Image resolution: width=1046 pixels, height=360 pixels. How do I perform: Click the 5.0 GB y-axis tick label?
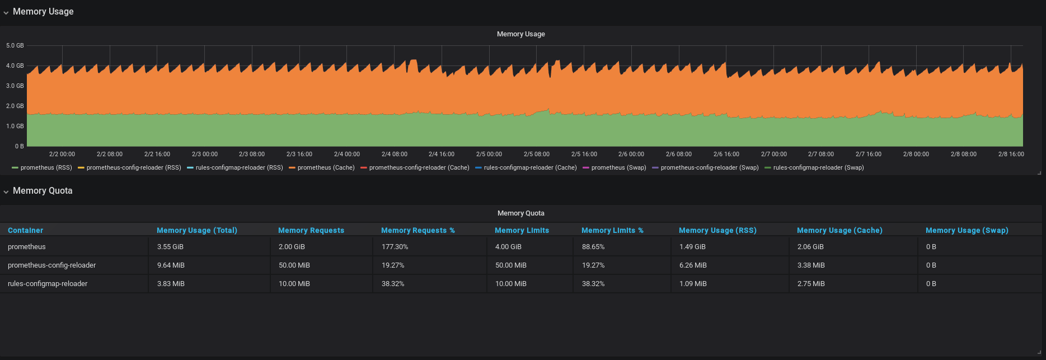15,45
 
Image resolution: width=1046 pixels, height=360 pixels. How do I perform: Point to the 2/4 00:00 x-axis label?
347,154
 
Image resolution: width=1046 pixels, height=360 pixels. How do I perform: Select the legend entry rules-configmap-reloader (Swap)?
818,167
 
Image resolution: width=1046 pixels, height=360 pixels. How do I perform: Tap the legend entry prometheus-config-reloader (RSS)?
133,167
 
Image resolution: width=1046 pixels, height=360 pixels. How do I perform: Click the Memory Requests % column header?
418,230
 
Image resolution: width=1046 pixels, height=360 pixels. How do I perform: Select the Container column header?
25,230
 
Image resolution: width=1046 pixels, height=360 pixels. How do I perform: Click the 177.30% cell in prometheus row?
395,246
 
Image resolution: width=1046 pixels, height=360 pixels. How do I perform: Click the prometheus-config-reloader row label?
51,265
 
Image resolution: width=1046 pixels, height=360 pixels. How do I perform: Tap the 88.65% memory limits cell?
593,246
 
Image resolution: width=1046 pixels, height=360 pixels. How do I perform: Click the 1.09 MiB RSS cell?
692,283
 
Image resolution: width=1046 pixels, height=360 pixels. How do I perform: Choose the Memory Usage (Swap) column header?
967,230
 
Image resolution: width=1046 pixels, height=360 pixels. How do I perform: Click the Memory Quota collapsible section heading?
43,190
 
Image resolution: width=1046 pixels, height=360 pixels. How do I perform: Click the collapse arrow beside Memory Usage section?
6,12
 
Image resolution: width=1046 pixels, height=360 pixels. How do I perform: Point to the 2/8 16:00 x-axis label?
1011,154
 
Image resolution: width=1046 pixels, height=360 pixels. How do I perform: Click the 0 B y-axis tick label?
19,146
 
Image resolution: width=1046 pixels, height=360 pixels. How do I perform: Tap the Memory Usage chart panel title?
520,34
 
